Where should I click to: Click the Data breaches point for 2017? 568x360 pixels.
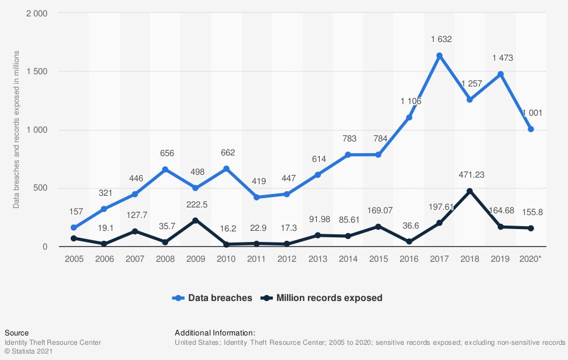coord(439,56)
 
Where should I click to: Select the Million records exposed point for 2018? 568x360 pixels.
coord(470,191)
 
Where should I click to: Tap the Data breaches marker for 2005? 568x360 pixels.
coord(74,228)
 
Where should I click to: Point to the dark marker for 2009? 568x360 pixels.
coord(195,220)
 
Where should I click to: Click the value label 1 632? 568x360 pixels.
coord(441,39)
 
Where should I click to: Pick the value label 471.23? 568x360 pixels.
coord(471,174)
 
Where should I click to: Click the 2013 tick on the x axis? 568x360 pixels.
coord(317,258)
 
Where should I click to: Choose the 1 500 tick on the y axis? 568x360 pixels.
coord(37,71)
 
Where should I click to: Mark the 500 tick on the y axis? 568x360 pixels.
coord(41,188)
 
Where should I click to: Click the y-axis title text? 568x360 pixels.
coord(16,130)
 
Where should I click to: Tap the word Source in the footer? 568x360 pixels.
coord(16,333)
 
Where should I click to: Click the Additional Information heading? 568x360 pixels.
coord(215,333)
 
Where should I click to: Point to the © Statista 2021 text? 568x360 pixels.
coord(29,352)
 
